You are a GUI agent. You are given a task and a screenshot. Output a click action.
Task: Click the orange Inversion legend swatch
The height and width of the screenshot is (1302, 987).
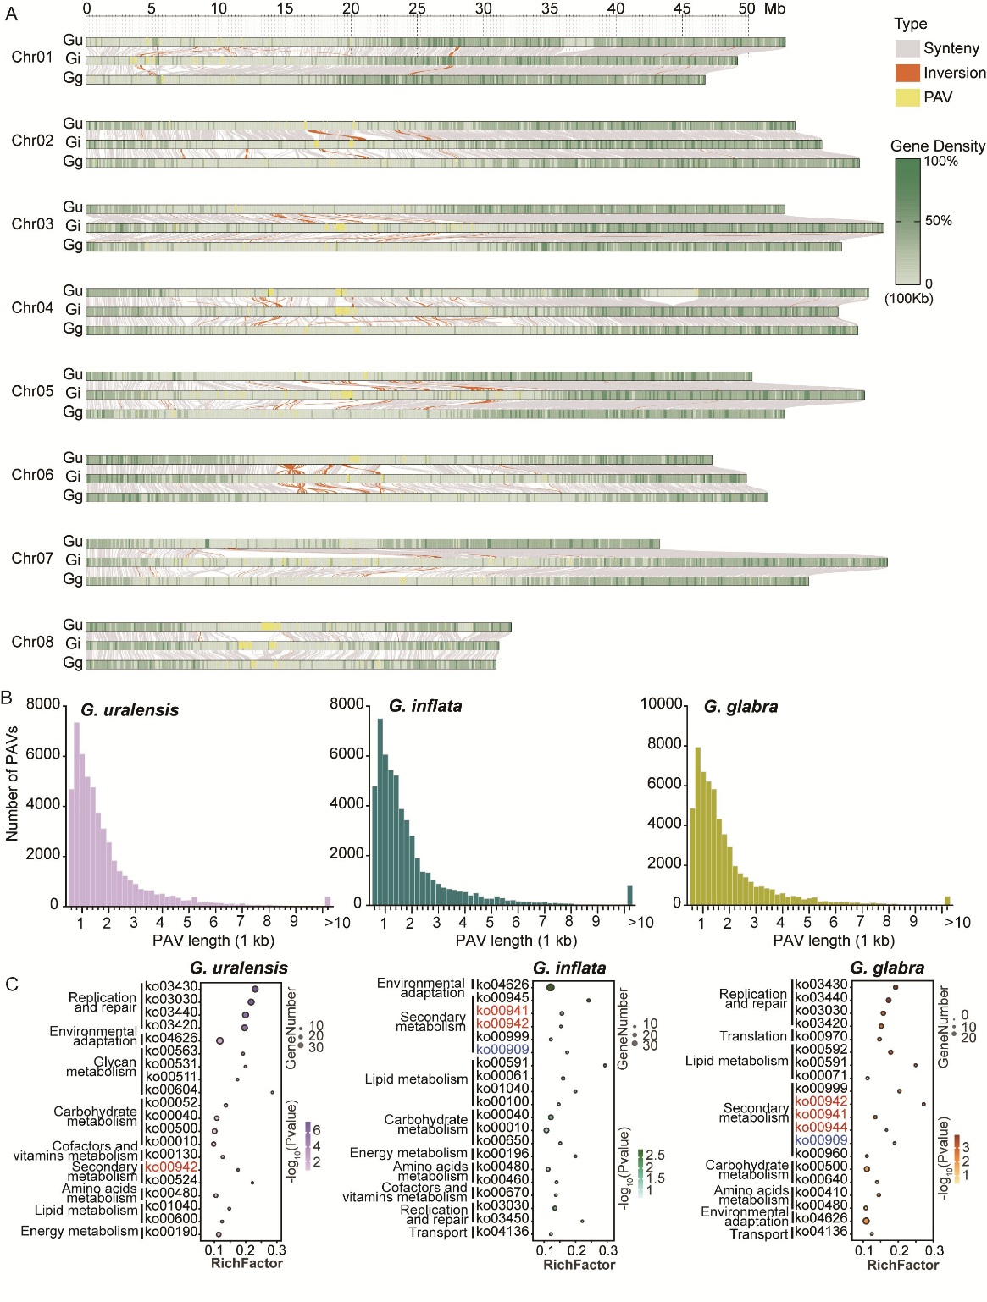point(907,73)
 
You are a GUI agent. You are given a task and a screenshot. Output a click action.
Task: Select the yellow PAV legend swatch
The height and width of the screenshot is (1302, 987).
point(907,97)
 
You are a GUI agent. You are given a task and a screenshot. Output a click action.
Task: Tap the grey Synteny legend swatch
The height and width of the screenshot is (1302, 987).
point(907,48)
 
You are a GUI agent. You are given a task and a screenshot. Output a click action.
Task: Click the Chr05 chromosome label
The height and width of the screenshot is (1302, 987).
point(32,391)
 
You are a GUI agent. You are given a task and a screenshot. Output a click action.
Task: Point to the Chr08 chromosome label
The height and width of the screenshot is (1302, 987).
point(32,642)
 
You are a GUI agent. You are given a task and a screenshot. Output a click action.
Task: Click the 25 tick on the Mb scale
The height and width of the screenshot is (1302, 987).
point(417,8)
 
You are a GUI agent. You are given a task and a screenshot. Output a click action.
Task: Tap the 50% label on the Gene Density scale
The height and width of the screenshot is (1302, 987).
point(938,221)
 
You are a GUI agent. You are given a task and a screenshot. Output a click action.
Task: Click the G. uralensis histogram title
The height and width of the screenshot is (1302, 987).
point(130,710)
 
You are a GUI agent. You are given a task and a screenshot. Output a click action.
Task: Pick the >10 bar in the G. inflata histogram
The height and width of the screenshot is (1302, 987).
point(629,896)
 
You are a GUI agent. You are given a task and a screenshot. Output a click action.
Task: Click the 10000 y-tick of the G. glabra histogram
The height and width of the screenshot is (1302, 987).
point(662,704)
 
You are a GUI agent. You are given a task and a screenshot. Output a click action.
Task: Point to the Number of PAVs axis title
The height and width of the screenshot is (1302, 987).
point(12,783)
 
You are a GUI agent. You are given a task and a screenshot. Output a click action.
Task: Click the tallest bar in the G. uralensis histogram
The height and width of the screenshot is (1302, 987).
point(76,813)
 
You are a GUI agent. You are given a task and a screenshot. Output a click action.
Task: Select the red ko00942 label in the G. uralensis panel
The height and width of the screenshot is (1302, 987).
point(171,1167)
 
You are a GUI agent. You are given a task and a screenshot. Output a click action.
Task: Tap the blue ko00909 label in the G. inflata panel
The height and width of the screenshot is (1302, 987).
point(502,1050)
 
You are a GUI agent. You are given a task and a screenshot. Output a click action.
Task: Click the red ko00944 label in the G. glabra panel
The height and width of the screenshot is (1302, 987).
point(821,1128)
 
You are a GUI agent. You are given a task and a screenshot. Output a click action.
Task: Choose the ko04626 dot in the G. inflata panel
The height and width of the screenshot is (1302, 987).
point(551,987)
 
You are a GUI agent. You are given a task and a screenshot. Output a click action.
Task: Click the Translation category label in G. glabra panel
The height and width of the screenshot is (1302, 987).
point(753,1036)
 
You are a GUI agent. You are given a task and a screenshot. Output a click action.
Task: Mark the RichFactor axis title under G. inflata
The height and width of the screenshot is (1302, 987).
point(579,1265)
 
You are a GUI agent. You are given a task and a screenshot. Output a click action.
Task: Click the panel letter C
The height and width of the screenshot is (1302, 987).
point(12,985)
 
